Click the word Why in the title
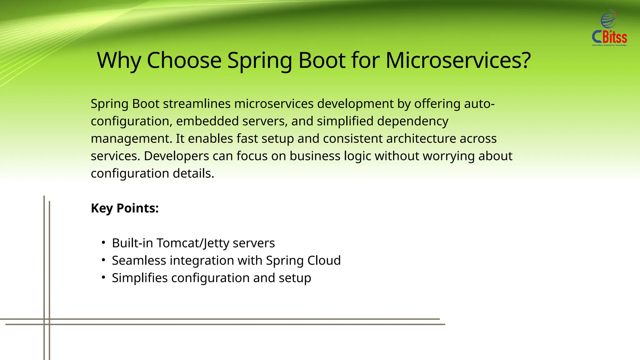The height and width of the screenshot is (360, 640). pyautogui.click(x=119, y=60)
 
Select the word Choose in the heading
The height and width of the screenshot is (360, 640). pyautogui.click(x=184, y=60)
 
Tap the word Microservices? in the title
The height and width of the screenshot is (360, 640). pyautogui.click(x=458, y=60)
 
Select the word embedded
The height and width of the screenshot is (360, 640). pyautogui.click(x=207, y=121)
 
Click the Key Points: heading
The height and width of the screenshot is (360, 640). pyautogui.click(x=125, y=208)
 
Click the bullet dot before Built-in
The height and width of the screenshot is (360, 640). pyautogui.click(x=103, y=242)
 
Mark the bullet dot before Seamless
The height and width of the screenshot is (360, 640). pyautogui.click(x=103, y=260)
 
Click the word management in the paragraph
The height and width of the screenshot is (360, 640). pyautogui.click(x=131, y=139)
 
